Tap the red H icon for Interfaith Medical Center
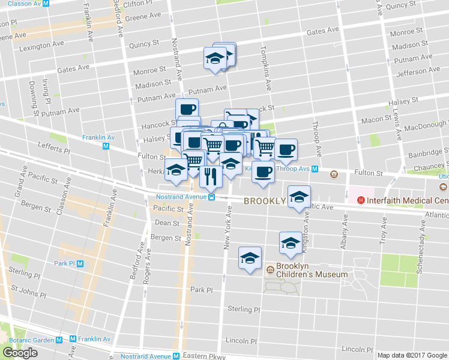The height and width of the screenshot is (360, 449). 361,200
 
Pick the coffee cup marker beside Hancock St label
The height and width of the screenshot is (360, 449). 187,109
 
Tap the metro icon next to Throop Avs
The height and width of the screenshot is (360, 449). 314,169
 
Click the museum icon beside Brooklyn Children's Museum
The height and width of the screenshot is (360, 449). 270,270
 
